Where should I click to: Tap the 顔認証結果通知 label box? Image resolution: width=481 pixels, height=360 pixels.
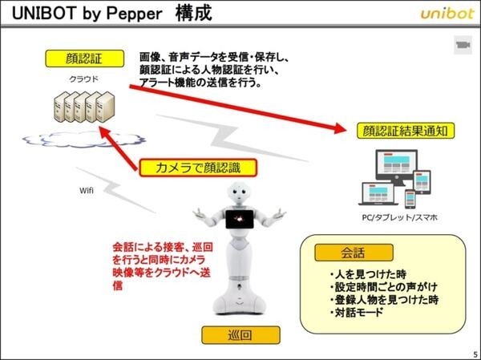(x=398, y=129)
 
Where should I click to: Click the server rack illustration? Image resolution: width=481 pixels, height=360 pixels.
(x=81, y=106)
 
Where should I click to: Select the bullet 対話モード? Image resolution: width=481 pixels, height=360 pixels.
(x=357, y=311)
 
